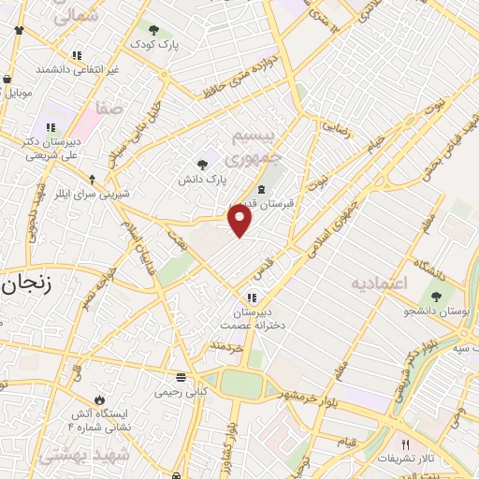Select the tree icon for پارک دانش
click(202, 165)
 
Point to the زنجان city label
click(24, 285)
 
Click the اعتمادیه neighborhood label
click(381, 282)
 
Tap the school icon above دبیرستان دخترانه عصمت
click(252, 297)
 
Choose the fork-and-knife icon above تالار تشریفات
click(405, 444)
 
